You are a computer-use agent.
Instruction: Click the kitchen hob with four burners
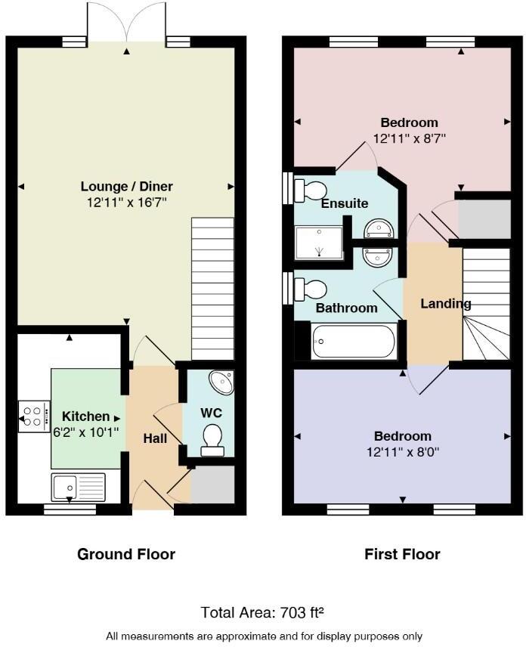34,416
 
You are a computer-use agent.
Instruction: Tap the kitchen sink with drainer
78,488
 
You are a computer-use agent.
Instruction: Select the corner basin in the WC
221,382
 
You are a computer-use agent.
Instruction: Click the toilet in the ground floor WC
212,440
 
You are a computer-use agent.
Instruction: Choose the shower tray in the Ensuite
319,243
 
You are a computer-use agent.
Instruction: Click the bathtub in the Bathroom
354,341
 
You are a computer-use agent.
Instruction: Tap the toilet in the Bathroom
311,289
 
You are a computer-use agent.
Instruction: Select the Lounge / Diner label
127,187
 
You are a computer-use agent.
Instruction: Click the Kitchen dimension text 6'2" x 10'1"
86,432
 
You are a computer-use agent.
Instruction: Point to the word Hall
155,438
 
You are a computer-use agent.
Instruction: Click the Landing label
446,304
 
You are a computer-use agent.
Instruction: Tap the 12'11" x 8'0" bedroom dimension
403,452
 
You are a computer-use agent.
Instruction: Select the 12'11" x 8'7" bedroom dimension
410,138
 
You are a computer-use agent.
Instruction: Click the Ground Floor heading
126,554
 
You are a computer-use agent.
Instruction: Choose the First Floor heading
402,554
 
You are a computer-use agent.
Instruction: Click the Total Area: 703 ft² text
262,612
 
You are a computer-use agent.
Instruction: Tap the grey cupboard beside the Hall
212,484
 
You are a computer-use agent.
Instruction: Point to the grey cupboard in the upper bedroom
484,218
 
